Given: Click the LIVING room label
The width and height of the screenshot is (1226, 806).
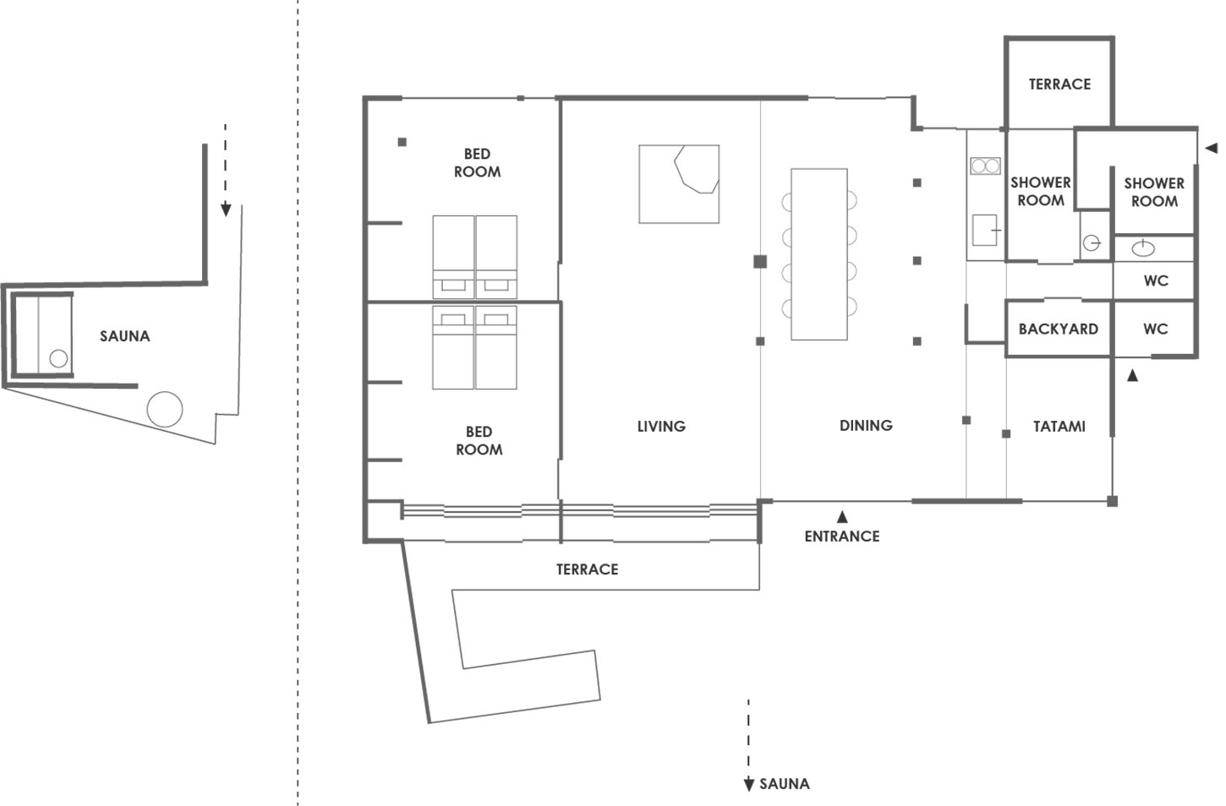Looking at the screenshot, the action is [661, 427].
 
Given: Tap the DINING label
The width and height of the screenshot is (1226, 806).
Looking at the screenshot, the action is [866, 426].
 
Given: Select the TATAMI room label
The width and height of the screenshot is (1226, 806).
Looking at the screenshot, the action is [1059, 427].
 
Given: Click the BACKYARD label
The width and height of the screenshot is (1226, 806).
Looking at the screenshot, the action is [1059, 329].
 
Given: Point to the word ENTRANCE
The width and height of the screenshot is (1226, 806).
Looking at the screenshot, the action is [842, 536].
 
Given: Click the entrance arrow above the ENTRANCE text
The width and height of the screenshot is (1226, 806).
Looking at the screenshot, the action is [842, 516].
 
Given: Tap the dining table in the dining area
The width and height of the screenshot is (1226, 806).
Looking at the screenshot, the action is [819, 254].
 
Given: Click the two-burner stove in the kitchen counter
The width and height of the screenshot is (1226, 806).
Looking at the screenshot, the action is [985, 166].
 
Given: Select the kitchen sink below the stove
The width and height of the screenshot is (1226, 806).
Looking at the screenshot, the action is [985, 230].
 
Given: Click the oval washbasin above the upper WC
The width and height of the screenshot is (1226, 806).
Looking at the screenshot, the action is [1143, 248].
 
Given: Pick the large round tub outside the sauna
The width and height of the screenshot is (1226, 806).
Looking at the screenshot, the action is [165, 409].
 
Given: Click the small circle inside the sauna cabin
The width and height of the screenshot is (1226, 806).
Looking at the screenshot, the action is [58, 359].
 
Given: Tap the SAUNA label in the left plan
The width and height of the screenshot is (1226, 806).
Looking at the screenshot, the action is [125, 336].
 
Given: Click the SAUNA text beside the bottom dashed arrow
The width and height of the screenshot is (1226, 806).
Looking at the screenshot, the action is [785, 784].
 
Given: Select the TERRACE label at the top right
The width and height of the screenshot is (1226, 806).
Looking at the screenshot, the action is [1059, 84].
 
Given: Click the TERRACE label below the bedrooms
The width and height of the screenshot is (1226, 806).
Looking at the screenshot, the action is [588, 569].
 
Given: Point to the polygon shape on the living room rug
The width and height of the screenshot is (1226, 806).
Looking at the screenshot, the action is [696, 170].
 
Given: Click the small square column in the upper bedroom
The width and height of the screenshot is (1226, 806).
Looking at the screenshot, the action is [402, 142].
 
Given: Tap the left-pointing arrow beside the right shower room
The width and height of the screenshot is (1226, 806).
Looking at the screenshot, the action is [1212, 148].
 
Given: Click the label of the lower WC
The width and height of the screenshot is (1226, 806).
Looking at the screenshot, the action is [1155, 329].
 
